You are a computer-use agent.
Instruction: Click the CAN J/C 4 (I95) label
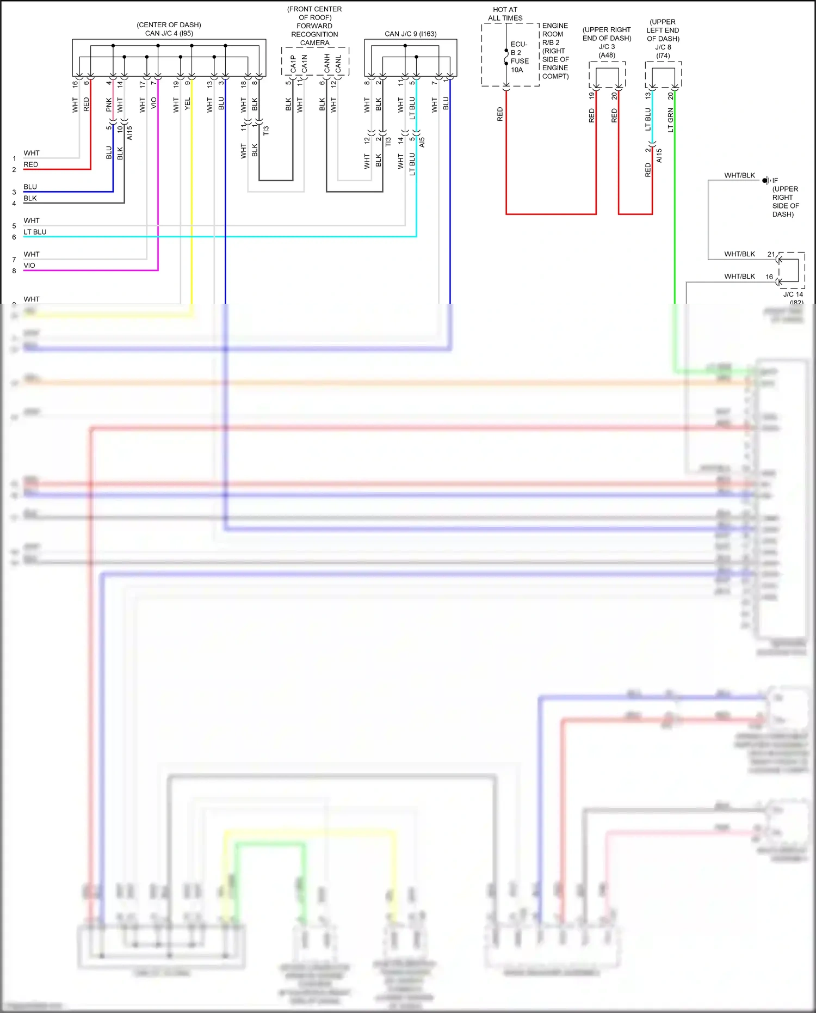click(x=169, y=33)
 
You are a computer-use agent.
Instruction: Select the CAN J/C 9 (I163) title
click(x=410, y=34)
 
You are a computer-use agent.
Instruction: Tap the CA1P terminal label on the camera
click(x=293, y=63)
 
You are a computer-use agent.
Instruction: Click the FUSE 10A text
click(x=520, y=65)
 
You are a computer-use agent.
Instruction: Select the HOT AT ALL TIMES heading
click(x=505, y=14)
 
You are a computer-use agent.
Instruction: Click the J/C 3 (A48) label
click(x=607, y=51)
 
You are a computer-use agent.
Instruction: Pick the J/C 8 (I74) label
click(x=663, y=51)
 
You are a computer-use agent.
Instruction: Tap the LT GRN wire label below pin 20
click(x=671, y=120)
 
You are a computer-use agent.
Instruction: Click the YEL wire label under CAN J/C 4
click(x=188, y=104)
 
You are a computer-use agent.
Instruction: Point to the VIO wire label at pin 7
click(x=154, y=103)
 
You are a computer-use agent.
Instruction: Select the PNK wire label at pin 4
click(x=109, y=105)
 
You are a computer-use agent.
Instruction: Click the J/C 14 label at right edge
click(x=793, y=294)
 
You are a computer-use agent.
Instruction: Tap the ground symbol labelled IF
click(x=766, y=180)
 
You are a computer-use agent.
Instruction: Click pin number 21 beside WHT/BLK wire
click(x=771, y=254)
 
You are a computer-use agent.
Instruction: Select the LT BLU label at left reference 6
click(x=35, y=232)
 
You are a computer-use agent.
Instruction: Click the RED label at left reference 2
click(x=30, y=164)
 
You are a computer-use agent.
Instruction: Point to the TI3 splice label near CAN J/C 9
click(x=388, y=142)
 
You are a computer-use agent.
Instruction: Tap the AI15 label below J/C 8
click(x=659, y=155)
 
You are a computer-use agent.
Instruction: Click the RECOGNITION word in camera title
click(x=314, y=34)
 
